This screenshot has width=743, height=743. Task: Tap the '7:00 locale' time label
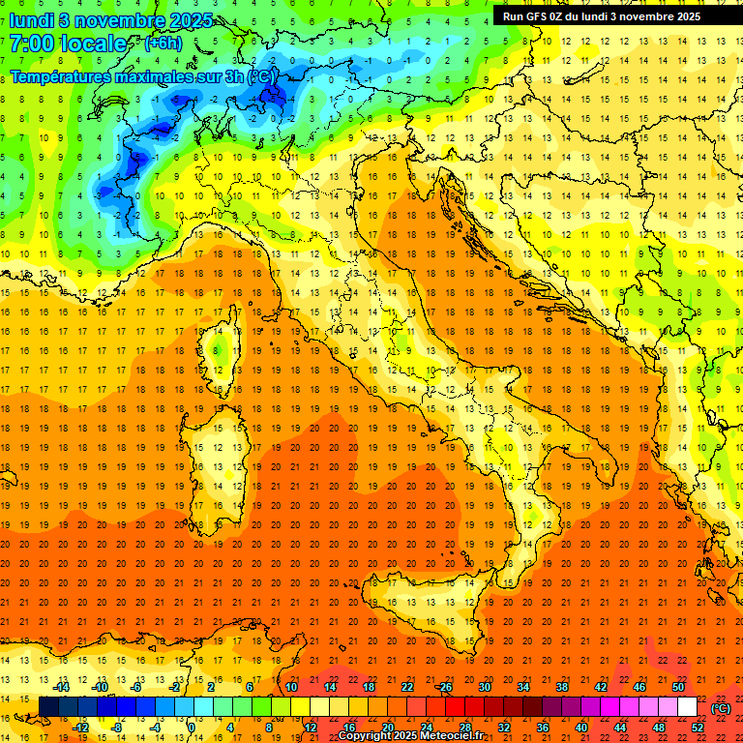(68, 44)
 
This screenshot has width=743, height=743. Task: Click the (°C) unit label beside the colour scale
(721, 708)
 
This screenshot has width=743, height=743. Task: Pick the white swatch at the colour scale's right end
(687, 707)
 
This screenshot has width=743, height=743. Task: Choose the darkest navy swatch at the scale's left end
(48, 707)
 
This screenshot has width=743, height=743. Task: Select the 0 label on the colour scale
(193, 728)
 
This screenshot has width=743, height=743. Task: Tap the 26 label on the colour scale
(445, 687)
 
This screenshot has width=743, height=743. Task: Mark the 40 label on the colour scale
(580, 728)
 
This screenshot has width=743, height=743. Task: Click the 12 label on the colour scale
(310, 728)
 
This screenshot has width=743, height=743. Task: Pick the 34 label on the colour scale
(522, 687)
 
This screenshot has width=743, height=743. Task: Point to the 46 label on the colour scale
(639, 687)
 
